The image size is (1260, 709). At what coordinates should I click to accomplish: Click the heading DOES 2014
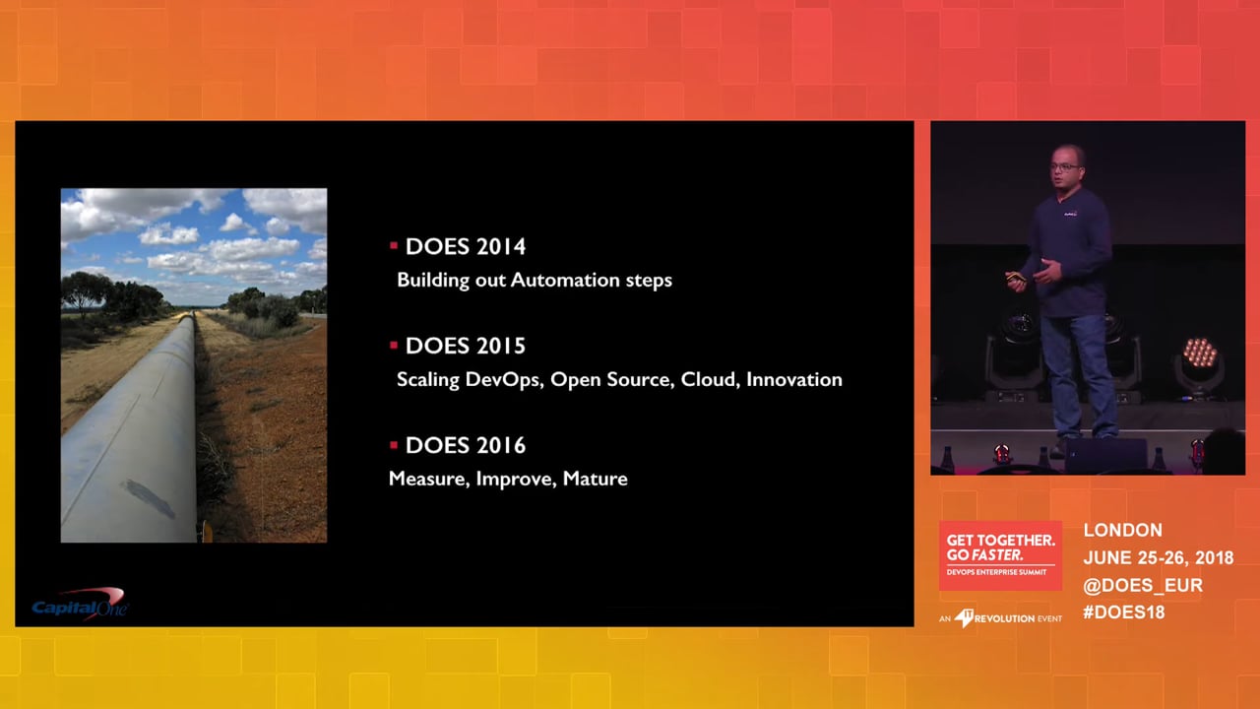[466, 246]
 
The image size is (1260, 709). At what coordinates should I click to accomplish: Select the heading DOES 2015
[466, 346]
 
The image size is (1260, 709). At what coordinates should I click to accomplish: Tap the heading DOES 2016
[466, 446]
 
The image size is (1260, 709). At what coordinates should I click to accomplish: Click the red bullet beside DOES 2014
[394, 245]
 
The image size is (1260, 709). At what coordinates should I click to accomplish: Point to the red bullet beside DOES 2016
[394, 445]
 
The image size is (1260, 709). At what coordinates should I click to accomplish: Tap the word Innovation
[794, 380]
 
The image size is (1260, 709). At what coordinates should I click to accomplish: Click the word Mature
[596, 479]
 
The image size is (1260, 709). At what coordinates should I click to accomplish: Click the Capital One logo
[81, 604]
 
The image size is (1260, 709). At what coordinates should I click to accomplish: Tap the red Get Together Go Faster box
[1000, 555]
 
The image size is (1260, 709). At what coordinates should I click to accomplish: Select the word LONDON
[1123, 530]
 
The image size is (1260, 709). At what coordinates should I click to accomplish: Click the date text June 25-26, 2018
[1159, 557]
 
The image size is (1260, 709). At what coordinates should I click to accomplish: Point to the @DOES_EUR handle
[1143, 585]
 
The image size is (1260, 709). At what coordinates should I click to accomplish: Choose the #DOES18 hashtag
[1124, 612]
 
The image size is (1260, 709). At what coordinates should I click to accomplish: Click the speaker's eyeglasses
[1065, 166]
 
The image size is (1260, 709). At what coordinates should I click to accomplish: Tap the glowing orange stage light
[1199, 353]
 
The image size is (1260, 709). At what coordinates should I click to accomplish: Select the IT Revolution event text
[1000, 618]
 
